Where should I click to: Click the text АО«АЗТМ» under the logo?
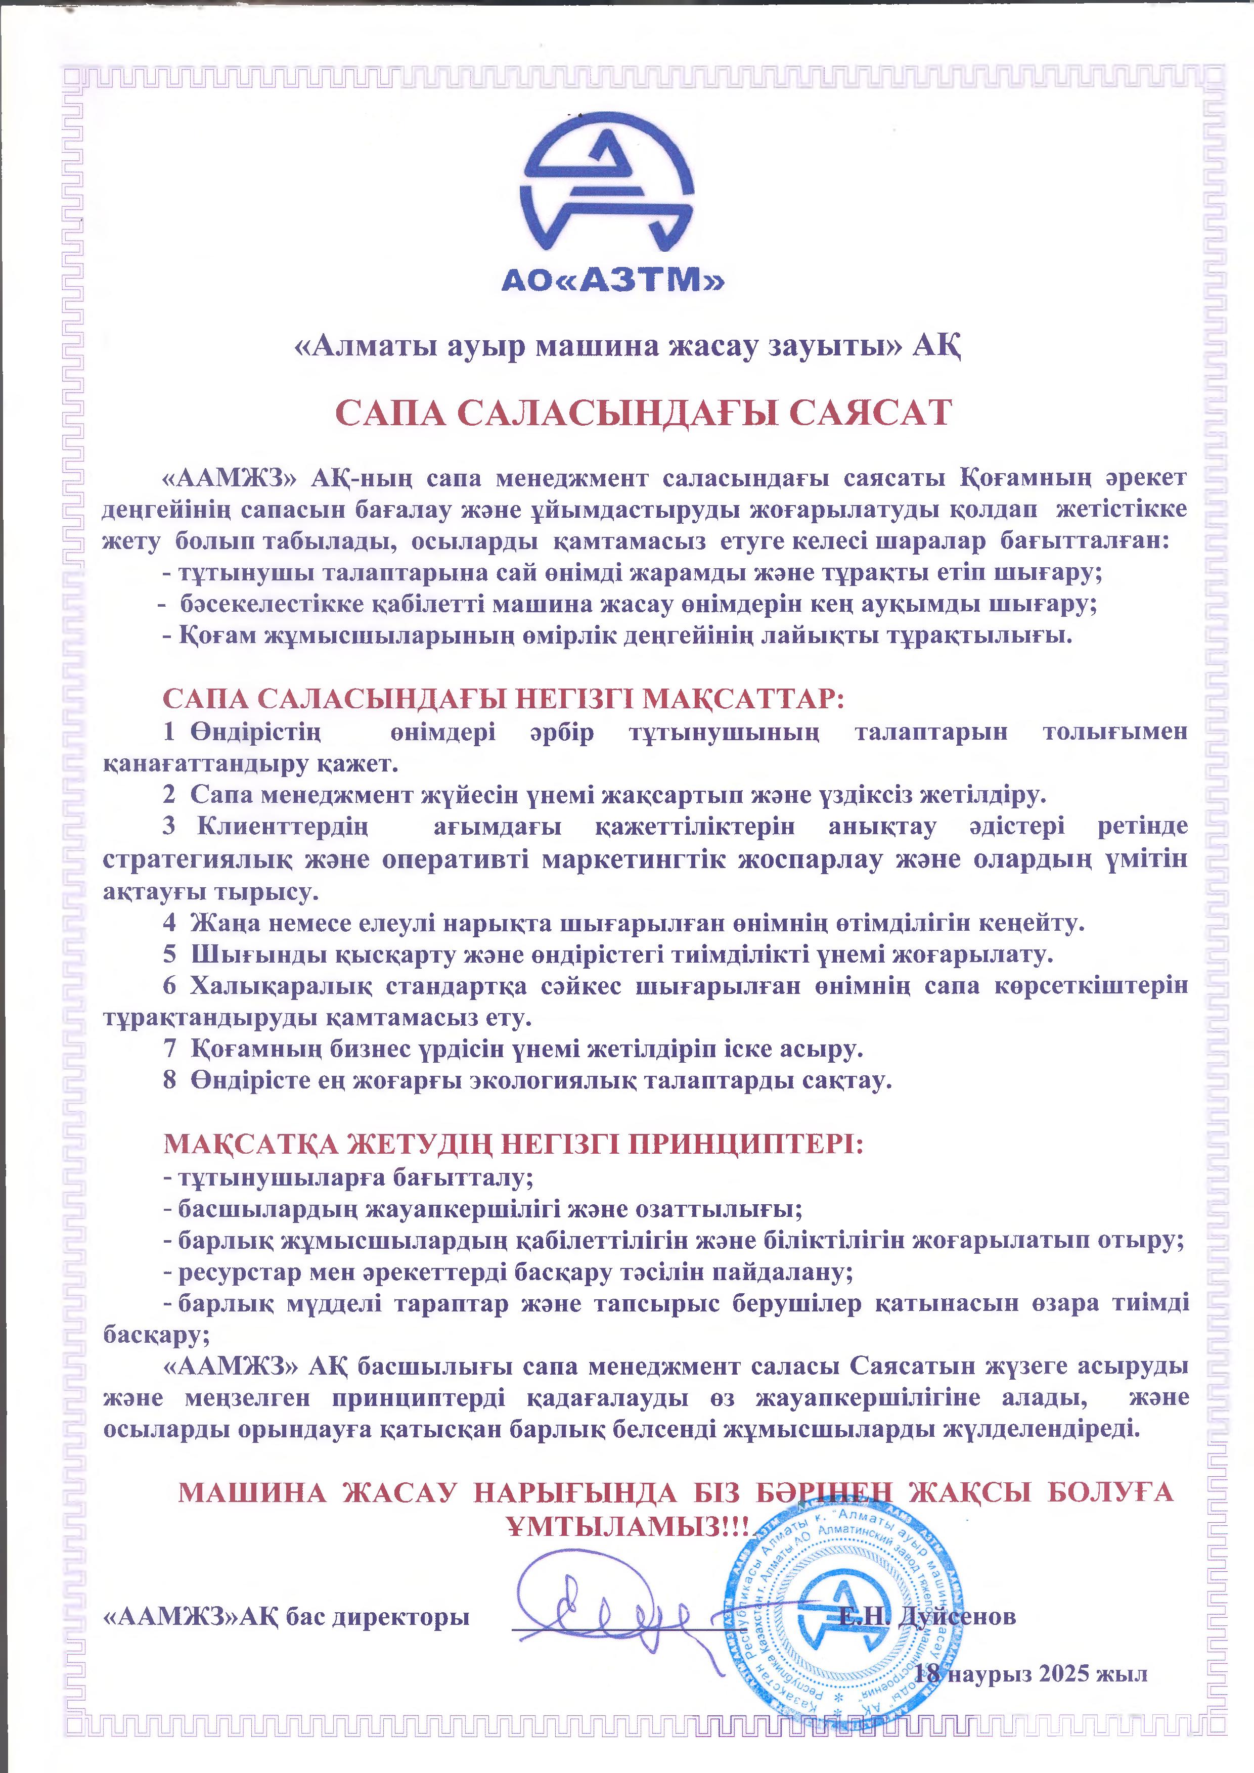tap(613, 280)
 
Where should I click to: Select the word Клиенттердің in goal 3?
tap(283, 826)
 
